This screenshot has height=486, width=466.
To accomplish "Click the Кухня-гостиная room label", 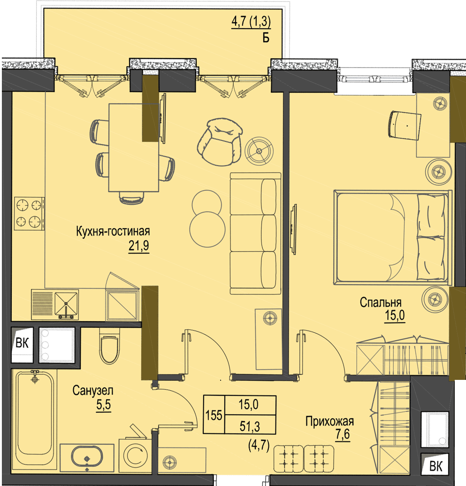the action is pos(113,231).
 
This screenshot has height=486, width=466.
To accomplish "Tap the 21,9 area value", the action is pos(139,246).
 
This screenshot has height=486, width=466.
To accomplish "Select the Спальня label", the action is pos(381,302).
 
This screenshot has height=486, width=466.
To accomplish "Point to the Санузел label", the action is pos(93,391).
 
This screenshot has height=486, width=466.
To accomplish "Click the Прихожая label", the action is pos(329,422).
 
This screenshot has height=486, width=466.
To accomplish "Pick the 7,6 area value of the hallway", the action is pos(343,434).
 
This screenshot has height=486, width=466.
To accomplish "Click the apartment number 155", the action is pos(214,415).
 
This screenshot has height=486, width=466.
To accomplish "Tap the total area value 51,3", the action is pos(250,426).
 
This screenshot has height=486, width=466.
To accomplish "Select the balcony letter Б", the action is pos(266,38).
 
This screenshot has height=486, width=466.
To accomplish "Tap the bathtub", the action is pos(35,417).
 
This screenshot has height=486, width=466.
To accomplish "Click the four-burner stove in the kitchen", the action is pos(29,213).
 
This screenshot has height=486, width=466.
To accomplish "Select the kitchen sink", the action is pos(66,304).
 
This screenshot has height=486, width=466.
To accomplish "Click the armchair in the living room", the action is pos(220,142).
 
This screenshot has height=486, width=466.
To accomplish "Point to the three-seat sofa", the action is pos(256,233).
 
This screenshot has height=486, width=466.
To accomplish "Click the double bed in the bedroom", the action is pos(392,238).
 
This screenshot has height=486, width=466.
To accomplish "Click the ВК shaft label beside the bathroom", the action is pos(22,343).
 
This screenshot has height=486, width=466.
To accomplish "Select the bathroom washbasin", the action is pos(87,457).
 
